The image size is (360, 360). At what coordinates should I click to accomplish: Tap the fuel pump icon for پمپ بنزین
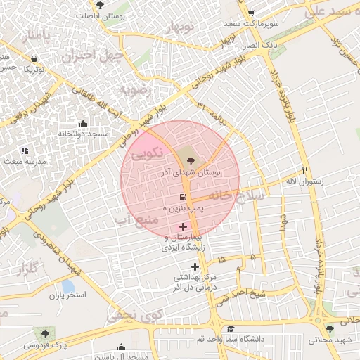184,198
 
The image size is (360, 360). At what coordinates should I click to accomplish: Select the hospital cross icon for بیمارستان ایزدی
184,226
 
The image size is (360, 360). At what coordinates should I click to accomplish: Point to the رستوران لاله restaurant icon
304,170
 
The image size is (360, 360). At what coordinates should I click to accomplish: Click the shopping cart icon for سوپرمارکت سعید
251,13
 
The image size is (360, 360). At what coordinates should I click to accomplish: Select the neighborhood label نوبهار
179,27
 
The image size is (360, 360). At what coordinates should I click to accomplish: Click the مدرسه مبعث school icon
25,150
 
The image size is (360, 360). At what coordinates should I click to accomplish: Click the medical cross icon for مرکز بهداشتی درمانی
195,266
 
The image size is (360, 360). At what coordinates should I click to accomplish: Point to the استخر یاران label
67,294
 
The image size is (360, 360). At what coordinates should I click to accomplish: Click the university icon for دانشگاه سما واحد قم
231,328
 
